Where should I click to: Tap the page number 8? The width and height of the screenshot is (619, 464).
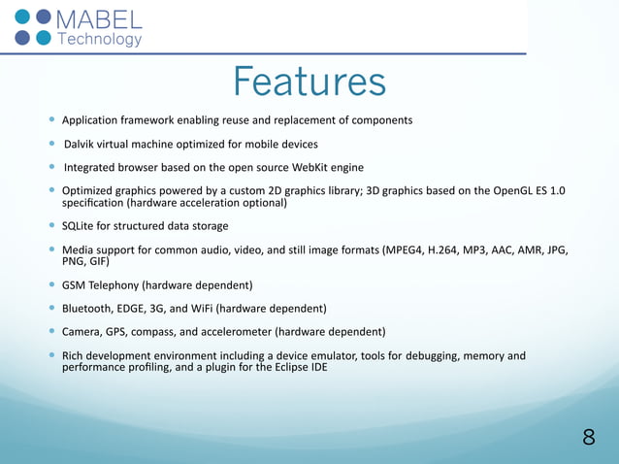(588, 437)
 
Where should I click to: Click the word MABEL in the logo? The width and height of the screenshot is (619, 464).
(99, 19)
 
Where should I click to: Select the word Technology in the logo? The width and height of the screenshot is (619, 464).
(100, 40)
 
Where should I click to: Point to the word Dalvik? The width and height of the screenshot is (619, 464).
(81, 144)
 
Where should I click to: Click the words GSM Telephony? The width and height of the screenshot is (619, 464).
(100, 285)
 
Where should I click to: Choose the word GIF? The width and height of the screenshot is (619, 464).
(96, 262)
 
